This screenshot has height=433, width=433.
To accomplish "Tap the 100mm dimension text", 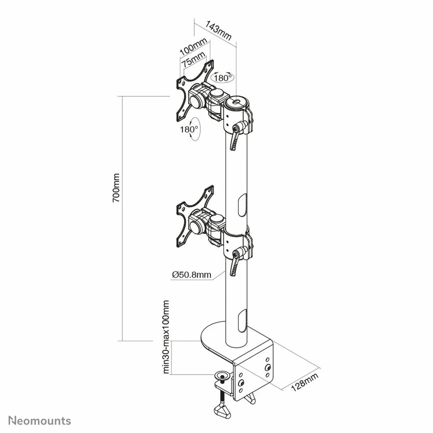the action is (x=193, y=47).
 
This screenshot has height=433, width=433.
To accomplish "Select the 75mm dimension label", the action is (x=193, y=60).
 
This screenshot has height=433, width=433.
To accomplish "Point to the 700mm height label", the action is (x=116, y=188).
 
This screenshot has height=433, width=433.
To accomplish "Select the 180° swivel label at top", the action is (x=223, y=78).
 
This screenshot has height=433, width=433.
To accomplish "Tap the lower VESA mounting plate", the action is (x=194, y=216).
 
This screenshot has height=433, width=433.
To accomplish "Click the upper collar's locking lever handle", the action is (x=234, y=140).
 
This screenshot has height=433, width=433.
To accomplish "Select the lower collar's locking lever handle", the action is (x=234, y=265).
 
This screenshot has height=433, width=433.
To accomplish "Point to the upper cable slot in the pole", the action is (x=242, y=206).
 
